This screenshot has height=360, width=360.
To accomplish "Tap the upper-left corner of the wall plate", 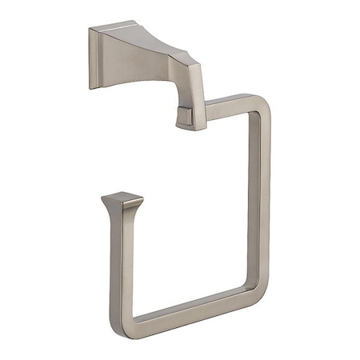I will tap(91, 30).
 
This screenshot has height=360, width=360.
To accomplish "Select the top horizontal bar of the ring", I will tap(232, 102).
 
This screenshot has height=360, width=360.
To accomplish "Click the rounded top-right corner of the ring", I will tap(262, 104).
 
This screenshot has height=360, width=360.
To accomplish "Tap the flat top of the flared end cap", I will tap(122, 197).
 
